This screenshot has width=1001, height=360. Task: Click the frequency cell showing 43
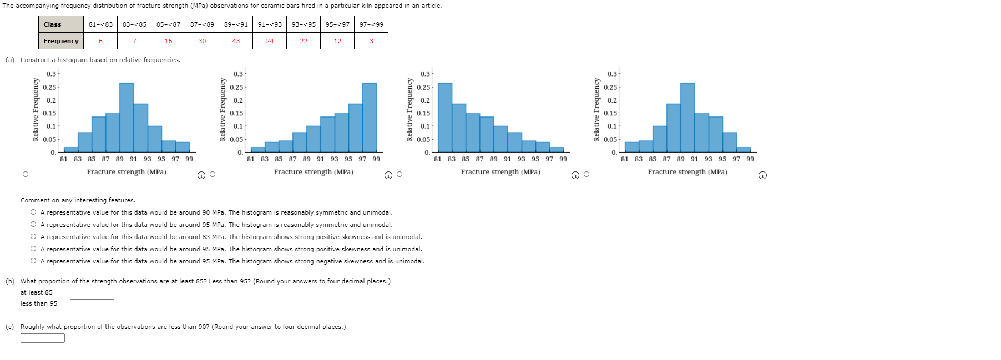[x=236, y=41]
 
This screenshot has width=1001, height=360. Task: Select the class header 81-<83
[x=100, y=24]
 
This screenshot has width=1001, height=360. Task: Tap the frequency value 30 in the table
[x=202, y=41]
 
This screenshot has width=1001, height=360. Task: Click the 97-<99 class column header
[x=371, y=24]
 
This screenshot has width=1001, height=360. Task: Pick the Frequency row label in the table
[x=61, y=41]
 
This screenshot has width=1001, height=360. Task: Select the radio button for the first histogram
[x=26, y=174]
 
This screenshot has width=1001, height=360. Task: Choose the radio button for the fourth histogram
[x=587, y=175]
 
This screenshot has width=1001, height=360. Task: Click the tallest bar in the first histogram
[x=127, y=116]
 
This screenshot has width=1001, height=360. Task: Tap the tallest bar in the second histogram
[x=369, y=116]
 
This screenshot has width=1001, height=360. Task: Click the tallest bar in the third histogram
[x=445, y=116]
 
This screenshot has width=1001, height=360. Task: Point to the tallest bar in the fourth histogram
[x=687, y=116]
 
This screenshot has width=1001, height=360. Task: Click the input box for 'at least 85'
[x=92, y=292]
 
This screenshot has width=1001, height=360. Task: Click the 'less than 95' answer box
[x=92, y=303]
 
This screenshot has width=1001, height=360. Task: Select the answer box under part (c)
[x=43, y=338]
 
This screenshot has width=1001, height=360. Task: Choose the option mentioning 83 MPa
[x=34, y=237]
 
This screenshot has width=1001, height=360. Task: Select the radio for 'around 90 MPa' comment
[x=34, y=212]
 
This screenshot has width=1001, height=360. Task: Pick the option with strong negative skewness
[x=34, y=261]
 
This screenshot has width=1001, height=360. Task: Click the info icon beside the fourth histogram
[x=762, y=175]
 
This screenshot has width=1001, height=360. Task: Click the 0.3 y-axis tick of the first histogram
[x=51, y=74]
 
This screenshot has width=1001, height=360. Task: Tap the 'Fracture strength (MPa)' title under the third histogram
[x=501, y=172]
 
